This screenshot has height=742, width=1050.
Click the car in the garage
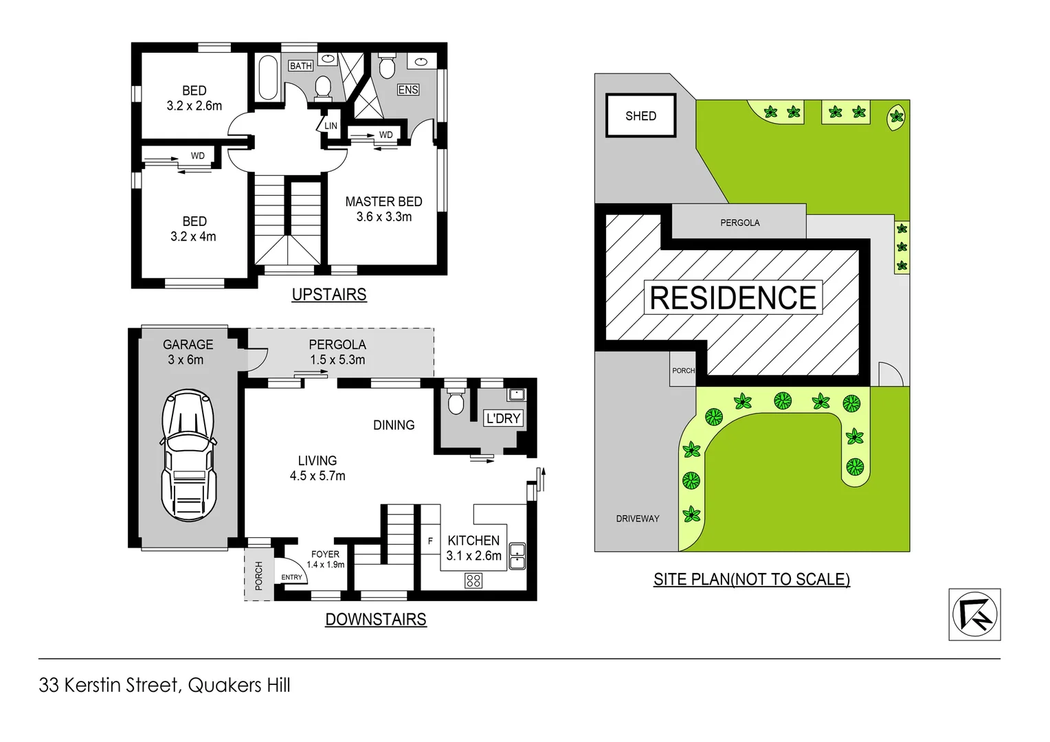(x=188, y=455)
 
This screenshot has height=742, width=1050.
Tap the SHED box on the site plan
(x=640, y=116)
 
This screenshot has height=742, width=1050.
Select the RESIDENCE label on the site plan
(x=733, y=298)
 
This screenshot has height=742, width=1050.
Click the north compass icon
(x=974, y=614)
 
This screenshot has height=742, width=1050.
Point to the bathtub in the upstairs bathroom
(x=267, y=77)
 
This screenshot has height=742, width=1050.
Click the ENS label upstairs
(x=408, y=90)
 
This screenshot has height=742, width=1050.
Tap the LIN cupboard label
(x=331, y=126)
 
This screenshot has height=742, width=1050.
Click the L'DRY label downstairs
(x=503, y=418)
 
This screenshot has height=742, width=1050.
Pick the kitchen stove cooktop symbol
(x=473, y=581)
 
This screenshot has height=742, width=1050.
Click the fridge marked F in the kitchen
(x=430, y=541)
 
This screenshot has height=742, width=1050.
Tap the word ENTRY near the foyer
(x=291, y=577)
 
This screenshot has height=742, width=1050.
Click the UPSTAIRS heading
(x=329, y=295)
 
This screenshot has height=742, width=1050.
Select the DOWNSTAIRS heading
(x=376, y=620)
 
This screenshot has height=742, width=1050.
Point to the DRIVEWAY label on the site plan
(x=637, y=519)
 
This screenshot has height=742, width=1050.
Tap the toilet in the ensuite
(x=388, y=67)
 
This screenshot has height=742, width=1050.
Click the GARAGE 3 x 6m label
(x=188, y=352)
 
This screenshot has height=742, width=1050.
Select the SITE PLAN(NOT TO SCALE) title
(x=751, y=579)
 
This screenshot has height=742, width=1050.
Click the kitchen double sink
(x=517, y=556)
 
